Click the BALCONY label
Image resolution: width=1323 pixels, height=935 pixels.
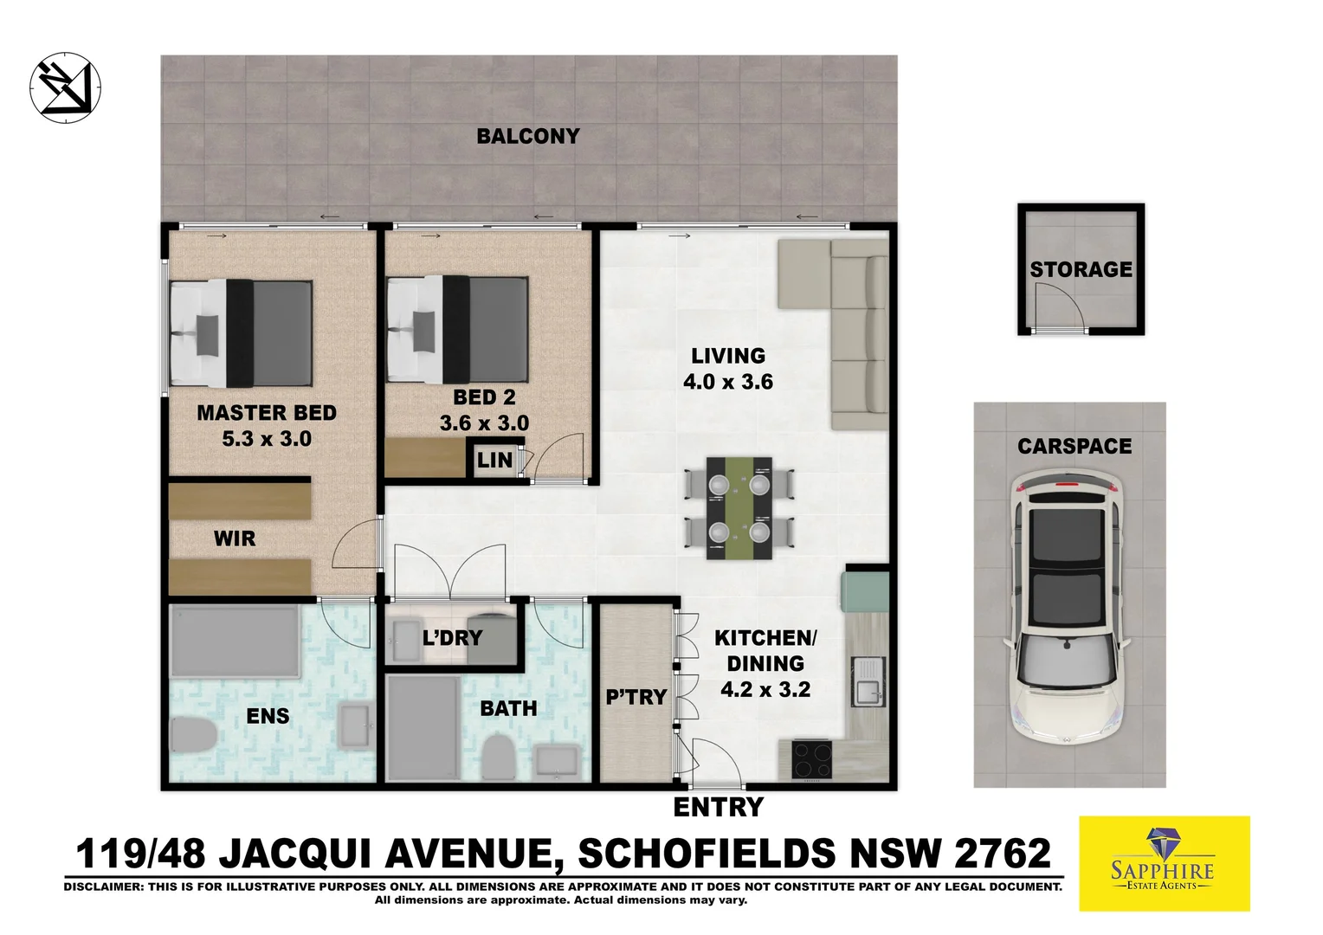(x=527, y=136)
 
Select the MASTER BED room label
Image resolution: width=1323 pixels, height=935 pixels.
(x=267, y=413)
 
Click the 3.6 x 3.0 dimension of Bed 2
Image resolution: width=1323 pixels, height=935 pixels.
(x=484, y=423)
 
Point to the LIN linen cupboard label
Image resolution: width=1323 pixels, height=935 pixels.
(x=494, y=460)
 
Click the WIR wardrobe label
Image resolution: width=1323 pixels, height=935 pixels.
(x=235, y=538)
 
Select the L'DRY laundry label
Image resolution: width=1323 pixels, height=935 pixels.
(x=452, y=638)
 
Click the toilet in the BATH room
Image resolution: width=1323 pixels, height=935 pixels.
(x=499, y=758)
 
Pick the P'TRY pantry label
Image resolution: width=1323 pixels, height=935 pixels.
(x=636, y=697)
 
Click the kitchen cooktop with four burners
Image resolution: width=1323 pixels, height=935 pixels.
(x=812, y=760)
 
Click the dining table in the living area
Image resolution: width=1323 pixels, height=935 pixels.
(x=739, y=508)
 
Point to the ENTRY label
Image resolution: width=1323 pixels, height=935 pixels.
(x=719, y=807)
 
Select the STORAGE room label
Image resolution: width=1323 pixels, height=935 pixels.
(x=1081, y=269)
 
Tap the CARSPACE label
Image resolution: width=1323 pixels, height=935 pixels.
(x=1075, y=447)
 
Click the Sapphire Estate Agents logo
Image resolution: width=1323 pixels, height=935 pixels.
(x=1164, y=863)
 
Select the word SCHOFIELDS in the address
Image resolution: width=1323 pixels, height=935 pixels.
(x=707, y=854)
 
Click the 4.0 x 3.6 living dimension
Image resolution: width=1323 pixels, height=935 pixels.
(x=728, y=382)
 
